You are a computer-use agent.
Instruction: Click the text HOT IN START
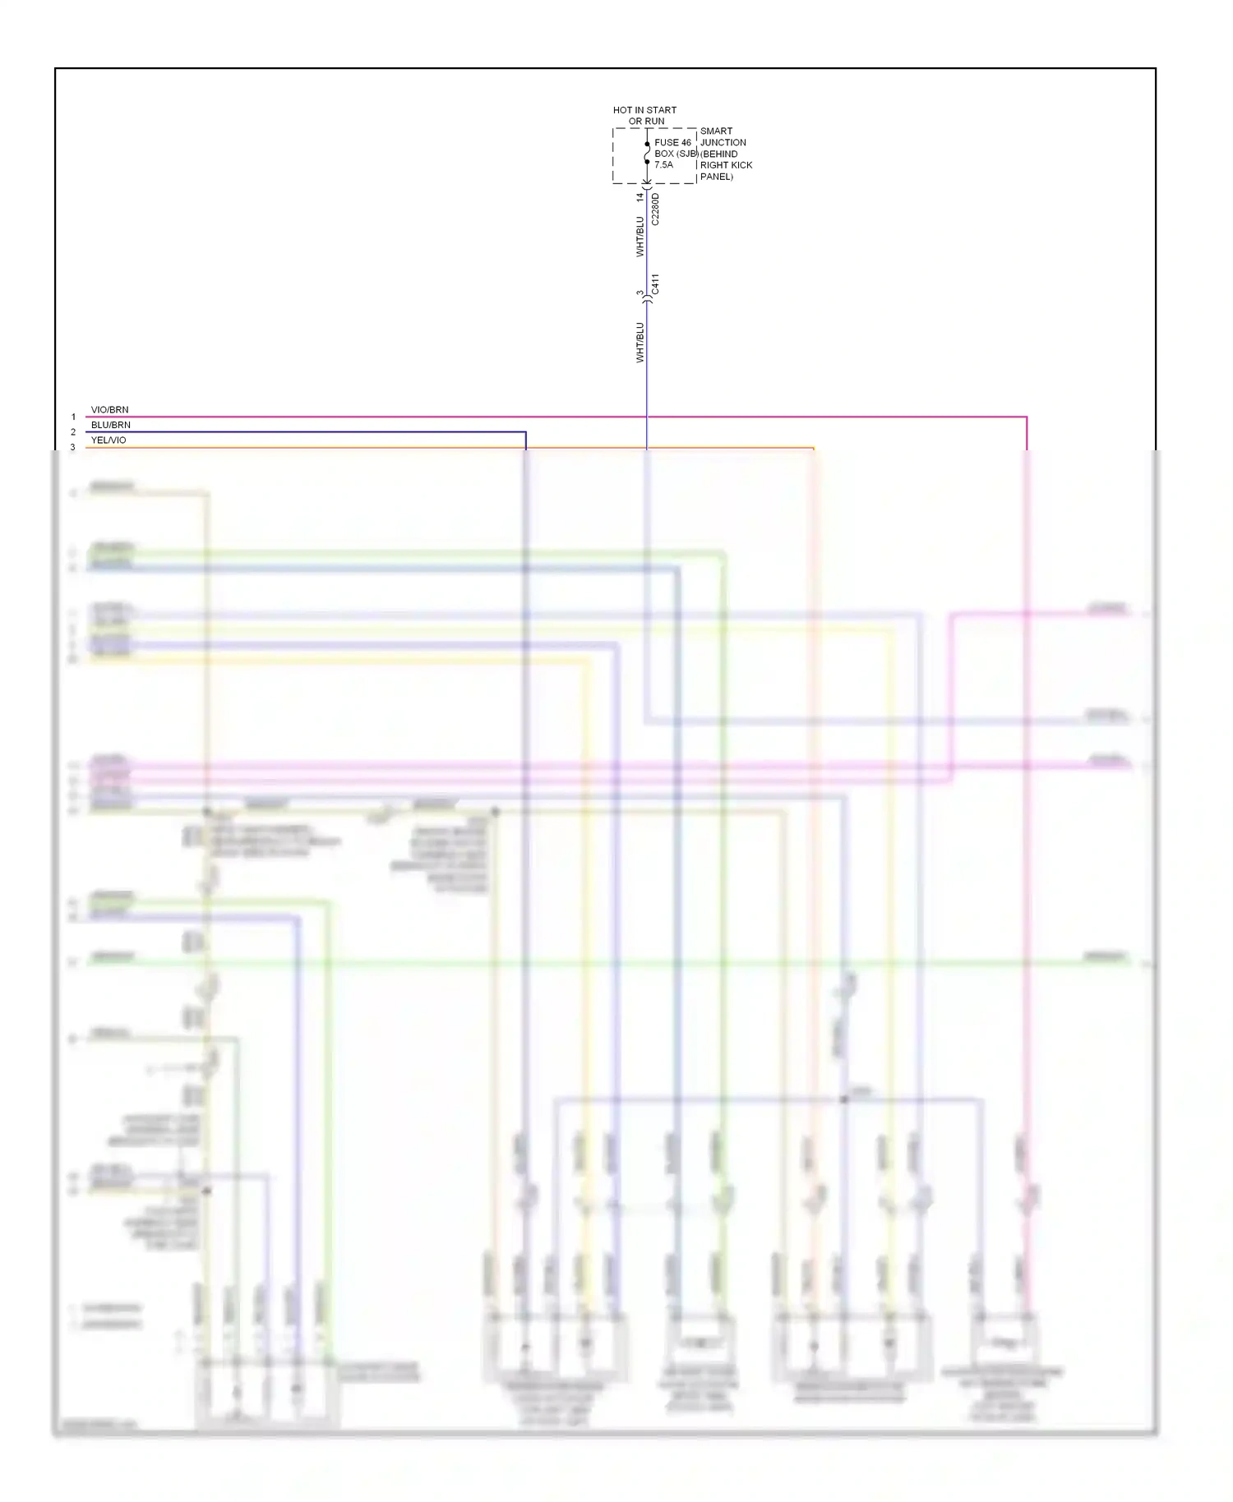click(644, 109)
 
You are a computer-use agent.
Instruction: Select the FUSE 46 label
click(672, 143)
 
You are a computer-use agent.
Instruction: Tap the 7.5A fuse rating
click(663, 165)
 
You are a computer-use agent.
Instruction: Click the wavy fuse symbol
click(647, 153)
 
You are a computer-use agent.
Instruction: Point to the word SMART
click(716, 131)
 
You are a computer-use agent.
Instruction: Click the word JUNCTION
click(723, 142)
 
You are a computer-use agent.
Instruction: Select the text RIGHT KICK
click(726, 165)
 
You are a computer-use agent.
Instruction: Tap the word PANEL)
click(716, 177)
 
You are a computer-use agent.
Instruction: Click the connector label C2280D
click(655, 210)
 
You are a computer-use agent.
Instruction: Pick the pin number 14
click(640, 198)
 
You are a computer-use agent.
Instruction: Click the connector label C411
click(655, 283)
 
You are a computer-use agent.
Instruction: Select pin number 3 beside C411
click(640, 293)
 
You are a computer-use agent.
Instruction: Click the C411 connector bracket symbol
click(647, 301)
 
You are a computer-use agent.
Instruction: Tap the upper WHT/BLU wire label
click(640, 237)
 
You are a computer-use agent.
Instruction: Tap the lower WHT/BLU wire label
click(640, 342)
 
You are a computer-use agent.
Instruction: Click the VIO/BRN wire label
click(109, 410)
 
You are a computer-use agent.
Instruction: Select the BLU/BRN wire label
click(110, 425)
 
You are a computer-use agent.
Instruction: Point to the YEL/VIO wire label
click(109, 440)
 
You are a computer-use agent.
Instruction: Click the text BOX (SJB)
click(676, 154)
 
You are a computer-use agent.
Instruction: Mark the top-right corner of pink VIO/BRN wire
click(1026, 417)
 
